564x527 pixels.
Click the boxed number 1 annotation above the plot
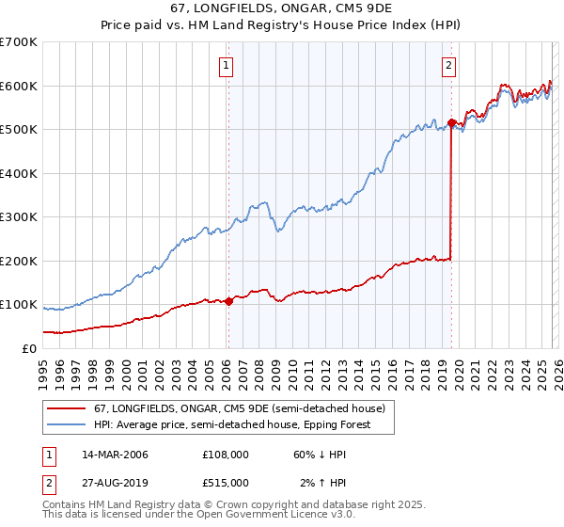coord(227,65)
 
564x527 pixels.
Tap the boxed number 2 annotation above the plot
coord(449,65)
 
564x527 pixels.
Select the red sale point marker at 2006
coord(228,302)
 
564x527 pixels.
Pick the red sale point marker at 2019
coord(451,122)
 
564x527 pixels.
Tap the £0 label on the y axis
coord(28,348)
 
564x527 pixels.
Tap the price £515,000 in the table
coord(226,482)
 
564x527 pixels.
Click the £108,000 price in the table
coord(226,455)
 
